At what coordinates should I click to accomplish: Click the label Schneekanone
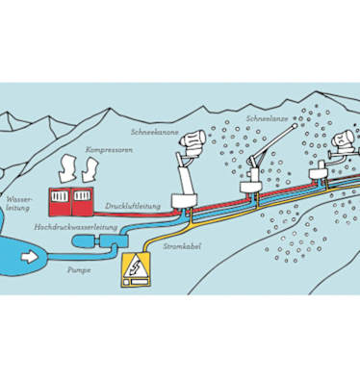pos(155,132)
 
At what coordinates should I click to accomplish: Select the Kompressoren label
pos(109,150)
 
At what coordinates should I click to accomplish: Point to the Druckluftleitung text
pos(133,206)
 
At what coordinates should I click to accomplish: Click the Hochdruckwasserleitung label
pos(76,227)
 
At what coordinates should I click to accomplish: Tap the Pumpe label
pos(79,270)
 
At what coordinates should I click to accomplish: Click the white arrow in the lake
pos(29,257)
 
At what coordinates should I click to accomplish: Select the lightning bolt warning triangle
pos(136,265)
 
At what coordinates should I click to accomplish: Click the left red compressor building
pos(60,202)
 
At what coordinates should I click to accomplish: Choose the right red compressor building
pos(83,202)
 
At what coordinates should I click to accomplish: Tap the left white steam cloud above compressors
pos(66,168)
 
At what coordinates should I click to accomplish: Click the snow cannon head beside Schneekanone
pos(193,142)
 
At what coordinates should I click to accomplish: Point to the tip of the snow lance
pos(295,125)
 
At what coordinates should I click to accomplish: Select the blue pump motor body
pos(83,241)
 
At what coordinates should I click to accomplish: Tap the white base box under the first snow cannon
pos(183,201)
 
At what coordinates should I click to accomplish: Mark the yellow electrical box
pos(136,269)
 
